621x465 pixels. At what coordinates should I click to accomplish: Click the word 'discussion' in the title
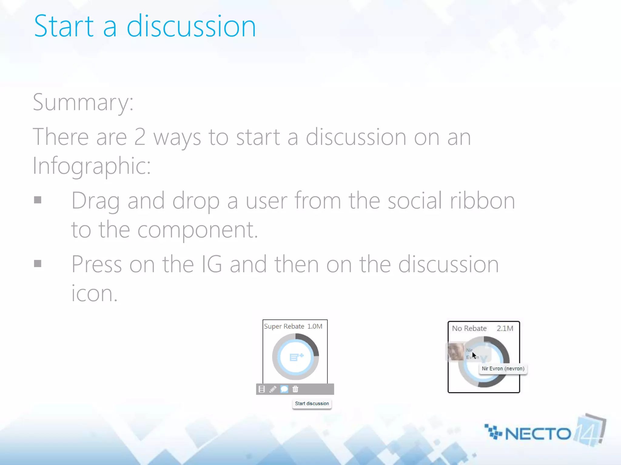[191, 27]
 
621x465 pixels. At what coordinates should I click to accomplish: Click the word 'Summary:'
[83, 102]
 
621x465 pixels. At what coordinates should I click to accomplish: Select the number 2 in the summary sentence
[140, 137]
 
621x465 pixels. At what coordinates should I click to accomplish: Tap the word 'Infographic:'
[92, 166]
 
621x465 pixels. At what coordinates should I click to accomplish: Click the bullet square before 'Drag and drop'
[38, 200]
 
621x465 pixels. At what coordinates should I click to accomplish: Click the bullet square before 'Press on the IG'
[38, 264]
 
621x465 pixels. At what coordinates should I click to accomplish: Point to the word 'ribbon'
[482, 200]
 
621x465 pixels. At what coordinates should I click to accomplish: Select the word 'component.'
[197, 229]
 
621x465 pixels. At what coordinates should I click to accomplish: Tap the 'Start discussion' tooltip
[312, 404]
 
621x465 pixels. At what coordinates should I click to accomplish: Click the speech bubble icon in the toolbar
[284, 389]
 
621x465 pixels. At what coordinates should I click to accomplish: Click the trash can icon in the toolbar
[295, 389]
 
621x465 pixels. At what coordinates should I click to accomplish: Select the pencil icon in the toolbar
[273, 389]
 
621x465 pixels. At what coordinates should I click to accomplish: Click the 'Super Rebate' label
[284, 326]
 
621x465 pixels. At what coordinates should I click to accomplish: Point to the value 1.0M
[315, 326]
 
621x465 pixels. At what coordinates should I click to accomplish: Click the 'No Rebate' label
[469, 328]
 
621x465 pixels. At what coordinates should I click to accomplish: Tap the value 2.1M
[505, 328]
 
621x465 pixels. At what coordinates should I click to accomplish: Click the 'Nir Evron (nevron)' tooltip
[503, 369]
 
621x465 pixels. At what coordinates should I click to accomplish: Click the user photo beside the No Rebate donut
[456, 352]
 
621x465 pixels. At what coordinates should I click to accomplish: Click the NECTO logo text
[538, 434]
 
